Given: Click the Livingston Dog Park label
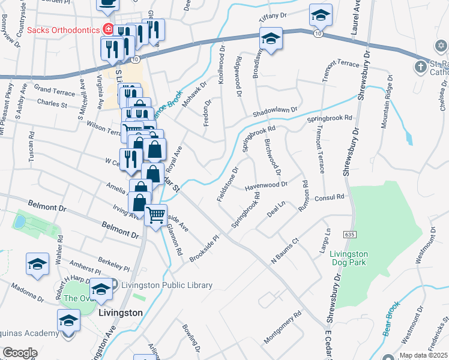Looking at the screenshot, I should pyautogui.click(x=349, y=258).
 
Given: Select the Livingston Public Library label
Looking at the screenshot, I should pyautogui.click(x=167, y=286).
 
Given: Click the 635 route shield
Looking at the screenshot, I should pyautogui.click(x=349, y=233).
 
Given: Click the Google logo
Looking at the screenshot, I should pyautogui.click(x=20, y=353).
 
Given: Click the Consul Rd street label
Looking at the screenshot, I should pyautogui.click(x=328, y=197).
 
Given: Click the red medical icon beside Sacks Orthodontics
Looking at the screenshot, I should pyautogui.click(x=108, y=28).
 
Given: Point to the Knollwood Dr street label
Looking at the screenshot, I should pyautogui.click(x=221, y=63).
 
